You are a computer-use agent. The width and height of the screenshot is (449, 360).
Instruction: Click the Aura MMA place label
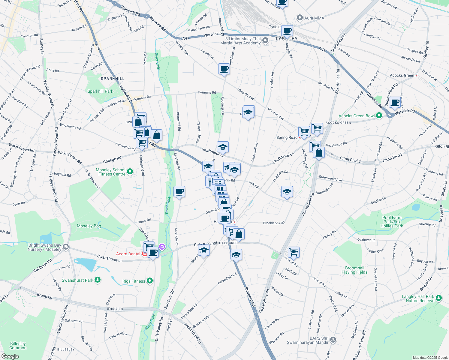click(314, 18)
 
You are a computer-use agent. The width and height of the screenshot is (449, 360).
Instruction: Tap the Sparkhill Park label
click(100, 91)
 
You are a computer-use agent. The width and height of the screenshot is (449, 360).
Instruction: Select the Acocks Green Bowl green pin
click(379, 115)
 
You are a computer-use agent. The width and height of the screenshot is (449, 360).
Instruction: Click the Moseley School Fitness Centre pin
click(130, 172)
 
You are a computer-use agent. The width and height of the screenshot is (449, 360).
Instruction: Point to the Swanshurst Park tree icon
click(97, 280)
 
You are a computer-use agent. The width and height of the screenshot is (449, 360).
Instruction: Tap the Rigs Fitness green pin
click(150, 281)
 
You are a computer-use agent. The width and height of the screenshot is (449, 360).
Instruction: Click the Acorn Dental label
click(128, 254)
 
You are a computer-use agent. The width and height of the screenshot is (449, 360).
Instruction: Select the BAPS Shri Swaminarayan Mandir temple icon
click(333, 340)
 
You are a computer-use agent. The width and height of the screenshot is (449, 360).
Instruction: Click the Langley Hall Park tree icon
click(439, 298)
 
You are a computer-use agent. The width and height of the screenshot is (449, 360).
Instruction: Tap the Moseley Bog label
click(89, 226)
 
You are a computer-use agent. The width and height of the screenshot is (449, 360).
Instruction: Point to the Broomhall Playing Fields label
click(354, 270)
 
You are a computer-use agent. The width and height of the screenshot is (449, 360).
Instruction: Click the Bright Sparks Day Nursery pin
click(66, 247)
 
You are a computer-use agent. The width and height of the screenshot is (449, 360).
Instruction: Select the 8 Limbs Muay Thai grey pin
click(265, 40)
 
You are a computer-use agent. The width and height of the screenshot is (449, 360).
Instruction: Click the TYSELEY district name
click(286, 39)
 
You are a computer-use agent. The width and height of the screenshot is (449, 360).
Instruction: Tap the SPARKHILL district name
click(113, 79)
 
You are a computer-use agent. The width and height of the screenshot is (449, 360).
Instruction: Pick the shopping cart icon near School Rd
click(294, 252)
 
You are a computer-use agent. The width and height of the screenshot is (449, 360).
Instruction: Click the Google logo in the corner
click(10, 356)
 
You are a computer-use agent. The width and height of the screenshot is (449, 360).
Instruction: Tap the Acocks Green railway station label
click(402, 75)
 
